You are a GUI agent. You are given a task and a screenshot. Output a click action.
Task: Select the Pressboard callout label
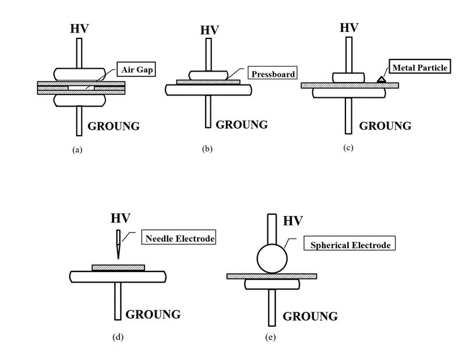272,74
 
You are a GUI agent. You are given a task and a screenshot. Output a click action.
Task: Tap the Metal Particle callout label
419,68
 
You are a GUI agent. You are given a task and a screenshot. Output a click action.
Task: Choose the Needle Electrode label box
179,238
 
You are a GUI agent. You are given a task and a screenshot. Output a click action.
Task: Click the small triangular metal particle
380,79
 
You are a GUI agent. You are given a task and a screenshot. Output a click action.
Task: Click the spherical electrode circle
272,258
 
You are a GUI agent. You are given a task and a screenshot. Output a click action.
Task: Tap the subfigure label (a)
77,150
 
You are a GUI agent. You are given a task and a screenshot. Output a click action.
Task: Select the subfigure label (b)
207,149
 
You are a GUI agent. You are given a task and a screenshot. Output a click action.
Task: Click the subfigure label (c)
348,147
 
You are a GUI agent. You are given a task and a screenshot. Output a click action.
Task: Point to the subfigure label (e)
270,337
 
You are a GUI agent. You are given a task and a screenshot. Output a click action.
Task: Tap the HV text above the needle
120,218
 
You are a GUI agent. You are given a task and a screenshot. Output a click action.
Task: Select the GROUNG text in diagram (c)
385,126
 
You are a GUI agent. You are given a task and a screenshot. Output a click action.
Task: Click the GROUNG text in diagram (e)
310,316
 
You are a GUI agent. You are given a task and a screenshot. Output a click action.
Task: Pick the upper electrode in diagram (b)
208,75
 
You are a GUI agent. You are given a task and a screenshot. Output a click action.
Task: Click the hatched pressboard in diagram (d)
118,268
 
